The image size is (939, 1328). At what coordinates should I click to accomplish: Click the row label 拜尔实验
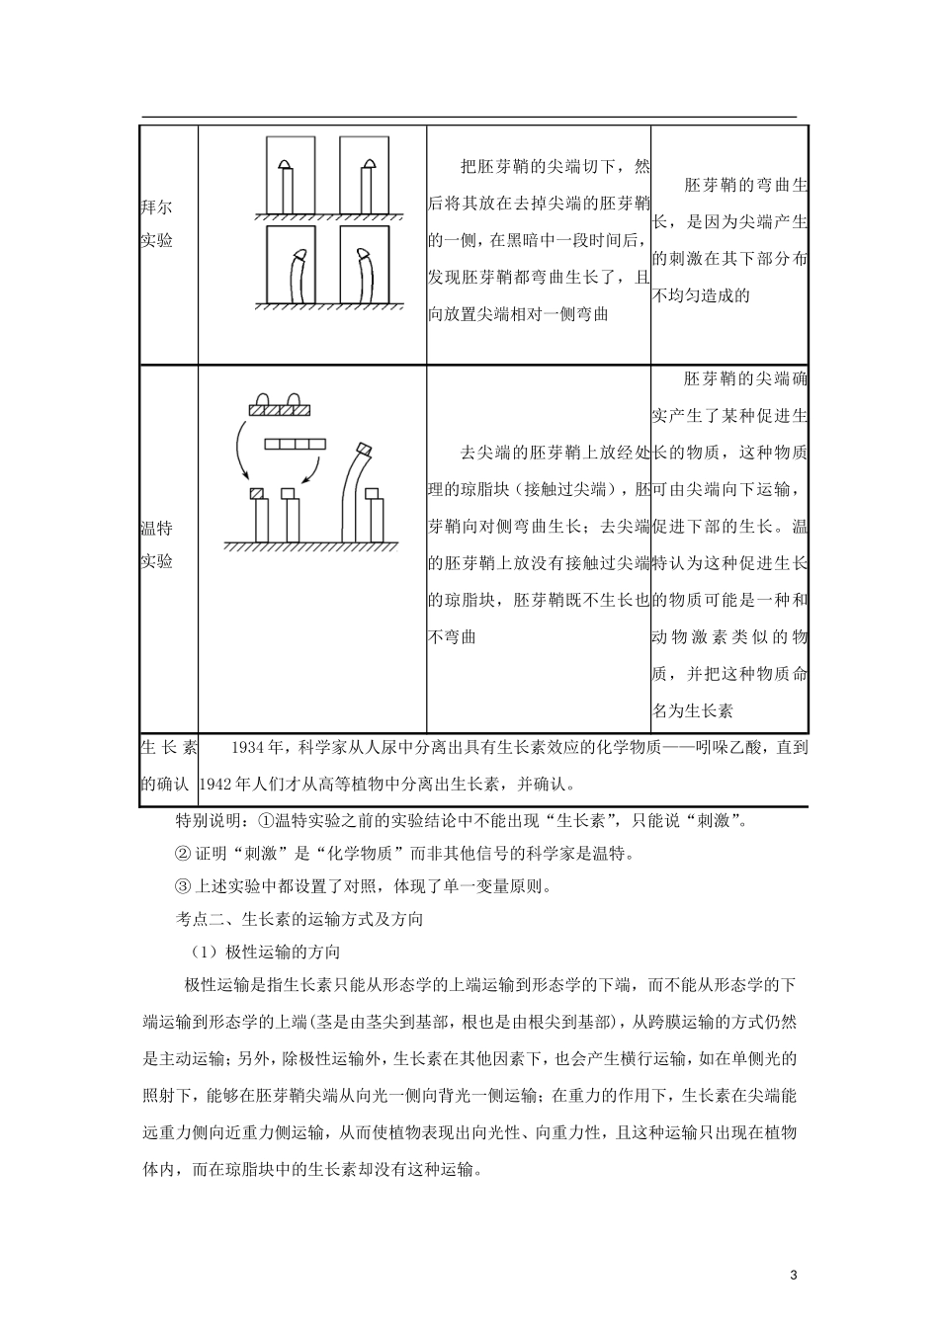click(156, 224)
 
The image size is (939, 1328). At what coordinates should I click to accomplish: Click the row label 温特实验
click(156, 544)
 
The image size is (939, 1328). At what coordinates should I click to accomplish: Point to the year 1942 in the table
click(217, 784)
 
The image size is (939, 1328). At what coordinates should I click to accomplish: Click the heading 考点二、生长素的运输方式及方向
click(299, 919)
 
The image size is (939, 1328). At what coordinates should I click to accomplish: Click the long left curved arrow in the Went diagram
click(239, 451)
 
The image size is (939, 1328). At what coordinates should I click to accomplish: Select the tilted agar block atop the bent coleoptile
click(364, 450)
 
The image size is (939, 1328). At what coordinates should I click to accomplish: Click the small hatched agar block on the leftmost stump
click(257, 493)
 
